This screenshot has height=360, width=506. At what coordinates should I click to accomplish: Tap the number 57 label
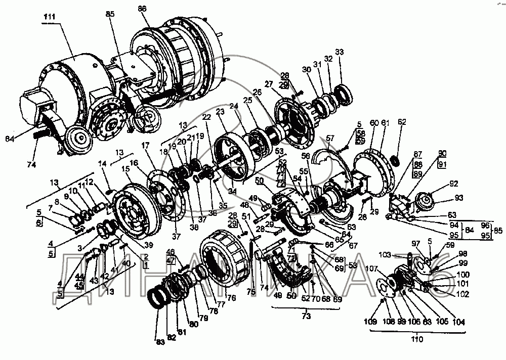pos(330,138)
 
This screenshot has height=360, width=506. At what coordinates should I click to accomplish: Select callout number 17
pos(146,145)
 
